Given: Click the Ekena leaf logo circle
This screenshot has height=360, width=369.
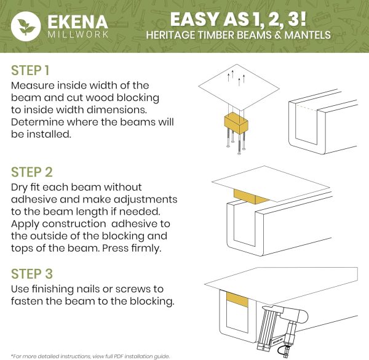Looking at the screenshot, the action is pyautogui.click(x=26, y=26).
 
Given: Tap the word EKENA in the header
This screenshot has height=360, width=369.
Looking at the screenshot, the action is pyautogui.click(x=78, y=22).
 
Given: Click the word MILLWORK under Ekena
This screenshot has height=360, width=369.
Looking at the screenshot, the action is pyautogui.click(x=78, y=34).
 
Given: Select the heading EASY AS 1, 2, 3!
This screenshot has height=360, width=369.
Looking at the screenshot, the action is pyautogui.click(x=238, y=19).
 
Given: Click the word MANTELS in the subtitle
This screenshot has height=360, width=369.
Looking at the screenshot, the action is pyautogui.click(x=307, y=35).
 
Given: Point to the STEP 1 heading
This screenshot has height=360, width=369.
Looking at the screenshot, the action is pyautogui.click(x=30, y=70).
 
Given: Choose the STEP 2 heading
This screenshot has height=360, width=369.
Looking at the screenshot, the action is pyautogui.click(x=32, y=172).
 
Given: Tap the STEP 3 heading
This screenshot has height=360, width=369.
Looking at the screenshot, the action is pyautogui.click(x=32, y=274).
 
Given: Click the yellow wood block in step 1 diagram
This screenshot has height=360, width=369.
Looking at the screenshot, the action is pyautogui.click(x=236, y=123).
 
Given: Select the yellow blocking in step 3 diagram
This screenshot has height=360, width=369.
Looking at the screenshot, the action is pyautogui.click(x=237, y=300).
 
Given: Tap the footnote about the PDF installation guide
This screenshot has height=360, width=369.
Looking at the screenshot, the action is pyautogui.click(x=90, y=356).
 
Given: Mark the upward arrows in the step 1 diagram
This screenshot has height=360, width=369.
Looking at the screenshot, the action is pyautogui.click(x=236, y=78).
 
